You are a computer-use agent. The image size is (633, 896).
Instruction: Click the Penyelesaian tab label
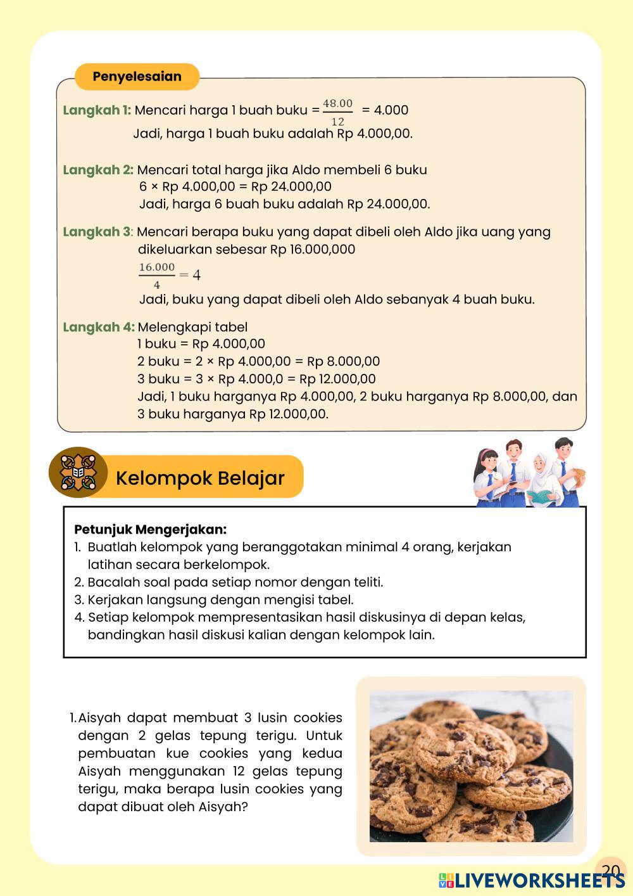pyautogui.click(x=137, y=77)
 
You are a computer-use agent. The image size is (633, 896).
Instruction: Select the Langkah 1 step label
pyautogui.click(x=97, y=110)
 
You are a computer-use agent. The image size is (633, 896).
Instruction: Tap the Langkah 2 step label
pyautogui.click(x=98, y=170)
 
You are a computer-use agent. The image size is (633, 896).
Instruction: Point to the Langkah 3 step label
pyautogui.click(x=97, y=232)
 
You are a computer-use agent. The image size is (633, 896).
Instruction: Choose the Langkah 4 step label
pyautogui.click(x=98, y=327)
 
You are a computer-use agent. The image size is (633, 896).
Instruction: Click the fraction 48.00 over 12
pyautogui.click(x=337, y=112)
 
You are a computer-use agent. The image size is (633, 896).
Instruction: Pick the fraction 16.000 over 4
pyautogui.click(x=157, y=275)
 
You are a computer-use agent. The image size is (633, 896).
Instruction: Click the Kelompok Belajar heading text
pyautogui.click(x=200, y=478)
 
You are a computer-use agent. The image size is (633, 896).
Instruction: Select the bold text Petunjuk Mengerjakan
pyautogui.click(x=150, y=529)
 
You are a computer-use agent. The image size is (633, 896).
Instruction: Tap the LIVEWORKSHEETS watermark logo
pyautogui.click(x=532, y=880)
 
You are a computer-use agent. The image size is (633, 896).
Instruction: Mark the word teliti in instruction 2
pyautogui.click(x=363, y=582)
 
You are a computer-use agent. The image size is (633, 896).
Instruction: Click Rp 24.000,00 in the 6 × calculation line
pyautogui.click(x=291, y=186)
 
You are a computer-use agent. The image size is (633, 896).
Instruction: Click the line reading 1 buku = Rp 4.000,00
pyautogui.click(x=201, y=343)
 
